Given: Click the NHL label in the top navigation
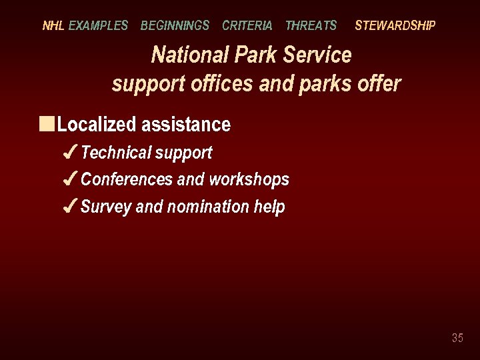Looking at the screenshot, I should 53,26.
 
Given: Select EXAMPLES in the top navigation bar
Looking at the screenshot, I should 98,26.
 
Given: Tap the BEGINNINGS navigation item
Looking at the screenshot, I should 175,26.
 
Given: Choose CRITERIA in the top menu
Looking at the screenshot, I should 247,26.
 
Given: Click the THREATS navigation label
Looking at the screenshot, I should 311,26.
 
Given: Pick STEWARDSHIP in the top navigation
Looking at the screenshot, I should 395,26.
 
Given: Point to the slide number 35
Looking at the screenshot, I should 457,338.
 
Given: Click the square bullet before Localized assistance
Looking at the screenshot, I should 46,124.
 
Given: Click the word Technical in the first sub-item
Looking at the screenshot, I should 116,153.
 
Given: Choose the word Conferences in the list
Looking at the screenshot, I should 126,179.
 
